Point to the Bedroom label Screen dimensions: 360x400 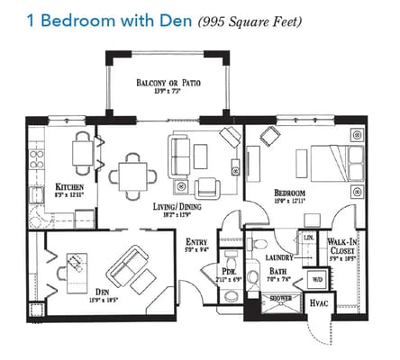[290, 193]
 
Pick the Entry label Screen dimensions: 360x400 [196, 242]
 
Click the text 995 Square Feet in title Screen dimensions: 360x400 [250, 20]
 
